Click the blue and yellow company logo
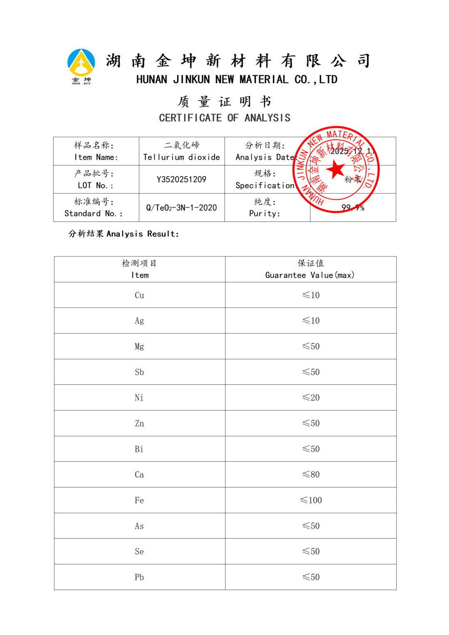[x=81, y=64]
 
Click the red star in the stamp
[x=336, y=170]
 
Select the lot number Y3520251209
[x=181, y=180]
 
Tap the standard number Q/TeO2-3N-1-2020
[x=181, y=208]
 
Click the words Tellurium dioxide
[x=181, y=157]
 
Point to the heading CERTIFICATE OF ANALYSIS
[x=224, y=118]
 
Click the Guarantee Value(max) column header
[x=310, y=275]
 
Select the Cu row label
[x=139, y=295]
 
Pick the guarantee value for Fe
[x=311, y=500]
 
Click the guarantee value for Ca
[x=311, y=475]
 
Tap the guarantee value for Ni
[x=311, y=398]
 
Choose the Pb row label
[x=139, y=577]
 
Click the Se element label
[x=139, y=551]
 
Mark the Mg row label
[x=139, y=347]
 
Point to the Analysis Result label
[x=123, y=234]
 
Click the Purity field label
[x=265, y=214]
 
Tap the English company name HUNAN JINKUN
[x=237, y=79]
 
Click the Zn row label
[x=139, y=423]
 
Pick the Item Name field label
[x=96, y=157]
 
